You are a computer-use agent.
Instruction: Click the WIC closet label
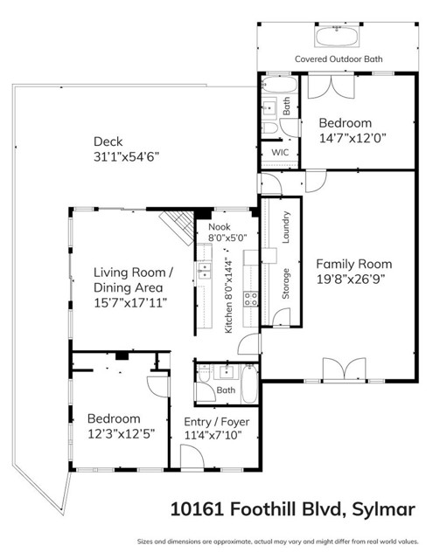[280, 152]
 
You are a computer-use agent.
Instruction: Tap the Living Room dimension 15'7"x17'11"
[131, 302]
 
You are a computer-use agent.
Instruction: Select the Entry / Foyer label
[217, 422]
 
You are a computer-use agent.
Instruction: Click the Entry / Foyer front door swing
[190, 457]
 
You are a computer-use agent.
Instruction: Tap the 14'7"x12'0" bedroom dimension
[345, 138]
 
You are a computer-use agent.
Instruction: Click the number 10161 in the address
[192, 508]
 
